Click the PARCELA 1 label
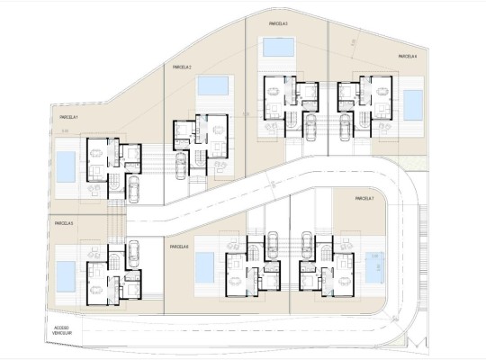pyautogui.click(x=69, y=117)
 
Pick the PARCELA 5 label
pyautogui.click(x=64, y=222)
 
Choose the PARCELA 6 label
pyautogui.click(x=178, y=245)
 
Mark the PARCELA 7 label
pyautogui.click(x=364, y=199)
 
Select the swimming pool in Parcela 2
pyautogui.click(x=212, y=87)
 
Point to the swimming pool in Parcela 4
pyautogui.click(x=414, y=104)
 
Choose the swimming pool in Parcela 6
pyautogui.click(x=204, y=266)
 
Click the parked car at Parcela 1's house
pyautogui.click(x=134, y=189)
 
